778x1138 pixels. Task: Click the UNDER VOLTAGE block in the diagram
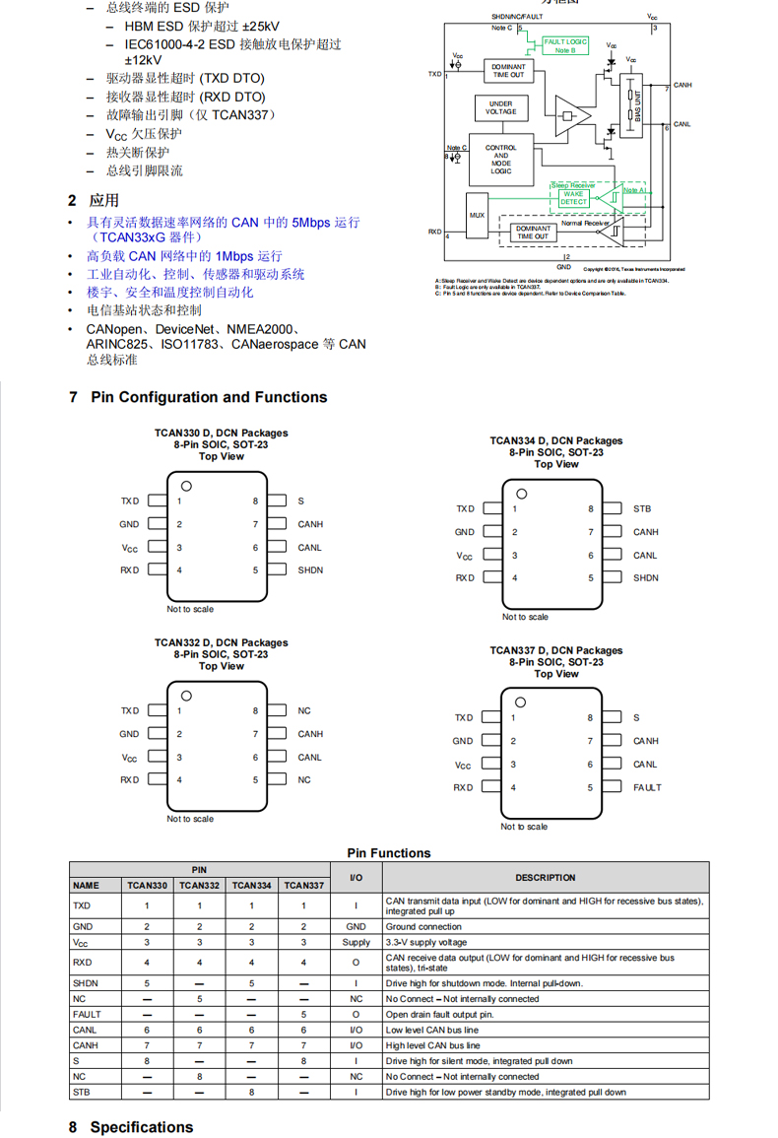click(x=500, y=107)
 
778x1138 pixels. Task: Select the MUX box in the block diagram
click(x=477, y=214)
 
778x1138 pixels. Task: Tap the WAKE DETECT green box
click(x=573, y=198)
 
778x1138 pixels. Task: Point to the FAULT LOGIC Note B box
click(x=564, y=45)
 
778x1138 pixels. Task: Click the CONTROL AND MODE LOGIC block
click(x=500, y=160)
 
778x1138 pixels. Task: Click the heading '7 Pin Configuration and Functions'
click(x=198, y=397)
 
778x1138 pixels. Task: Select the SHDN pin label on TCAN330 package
click(x=310, y=570)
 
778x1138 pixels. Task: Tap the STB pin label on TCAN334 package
click(x=642, y=509)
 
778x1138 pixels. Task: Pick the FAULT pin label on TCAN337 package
click(x=647, y=787)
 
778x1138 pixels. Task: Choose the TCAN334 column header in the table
click(x=251, y=886)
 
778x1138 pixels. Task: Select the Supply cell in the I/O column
click(x=356, y=942)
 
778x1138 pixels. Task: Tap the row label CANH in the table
click(x=85, y=1045)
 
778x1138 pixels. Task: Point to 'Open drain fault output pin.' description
click(x=439, y=1014)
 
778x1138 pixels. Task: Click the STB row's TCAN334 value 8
click(x=251, y=1093)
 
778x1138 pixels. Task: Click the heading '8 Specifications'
click(x=131, y=1127)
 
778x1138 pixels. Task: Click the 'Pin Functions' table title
click(x=389, y=853)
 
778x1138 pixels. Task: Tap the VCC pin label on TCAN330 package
click(x=130, y=548)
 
